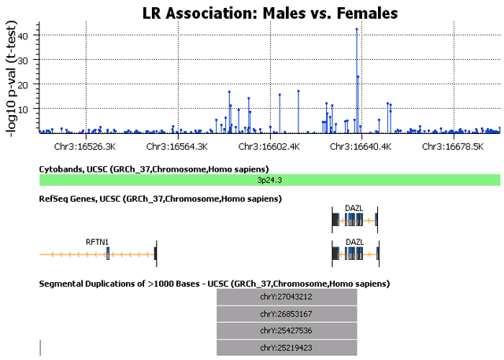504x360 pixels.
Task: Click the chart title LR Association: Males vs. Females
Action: click(270, 13)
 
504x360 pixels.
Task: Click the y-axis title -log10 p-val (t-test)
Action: click(13, 77)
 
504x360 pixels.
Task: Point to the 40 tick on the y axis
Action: click(24, 35)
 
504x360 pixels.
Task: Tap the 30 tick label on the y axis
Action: click(24, 60)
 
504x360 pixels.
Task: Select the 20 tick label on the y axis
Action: click(24, 84)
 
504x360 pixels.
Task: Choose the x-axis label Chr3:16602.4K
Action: click(269, 147)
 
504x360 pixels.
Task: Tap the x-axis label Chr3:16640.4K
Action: click(361, 147)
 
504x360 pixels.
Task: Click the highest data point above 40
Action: click(357, 29)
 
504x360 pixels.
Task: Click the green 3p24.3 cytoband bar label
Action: click(269, 180)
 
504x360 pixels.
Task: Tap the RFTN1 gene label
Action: click(96, 242)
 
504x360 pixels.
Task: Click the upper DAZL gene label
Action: click(354, 209)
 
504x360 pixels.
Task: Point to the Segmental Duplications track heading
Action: click(214, 283)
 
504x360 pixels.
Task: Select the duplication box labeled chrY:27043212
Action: click(287, 297)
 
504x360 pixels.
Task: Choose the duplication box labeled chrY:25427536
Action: click(287, 330)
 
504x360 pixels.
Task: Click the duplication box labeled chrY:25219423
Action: click(287, 347)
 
